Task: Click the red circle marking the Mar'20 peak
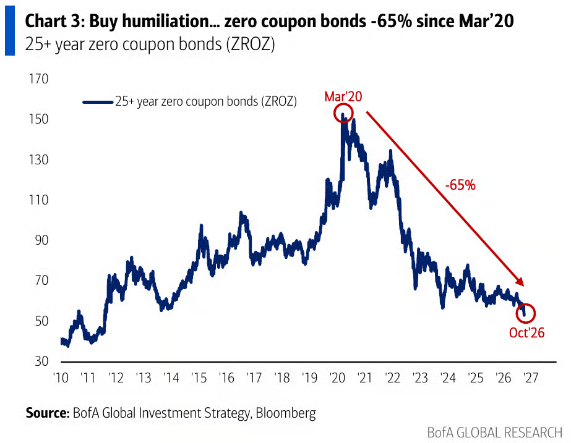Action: click(334, 112)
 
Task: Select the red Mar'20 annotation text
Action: click(343, 96)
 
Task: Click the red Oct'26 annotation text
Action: click(526, 332)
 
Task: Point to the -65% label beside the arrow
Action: click(460, 185)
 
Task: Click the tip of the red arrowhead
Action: click(523, 286)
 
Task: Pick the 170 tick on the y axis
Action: click(38, 78)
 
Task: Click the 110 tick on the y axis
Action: click(38, 200)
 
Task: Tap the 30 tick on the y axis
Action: click(41, 361)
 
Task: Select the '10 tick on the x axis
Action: click(61, 378)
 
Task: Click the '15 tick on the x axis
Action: click(199, 378)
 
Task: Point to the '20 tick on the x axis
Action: click(338, 378)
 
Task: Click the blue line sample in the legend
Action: click(98, 102)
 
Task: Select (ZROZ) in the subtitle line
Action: click(251, 44)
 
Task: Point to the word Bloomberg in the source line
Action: click(286, 413)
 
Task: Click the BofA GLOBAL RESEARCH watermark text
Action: click(495, 433)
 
